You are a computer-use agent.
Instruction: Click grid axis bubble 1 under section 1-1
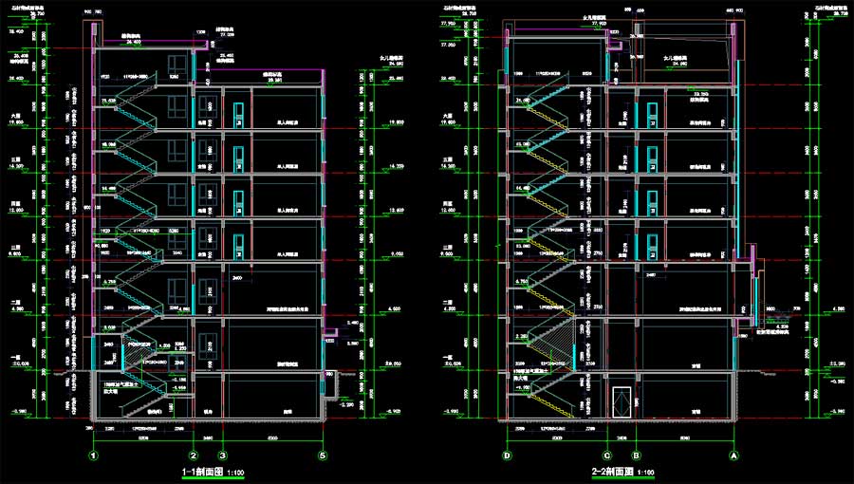coord(94,456)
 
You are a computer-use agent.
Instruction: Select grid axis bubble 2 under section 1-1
coord(194,456)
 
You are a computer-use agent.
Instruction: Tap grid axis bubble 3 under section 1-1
coord(222,456)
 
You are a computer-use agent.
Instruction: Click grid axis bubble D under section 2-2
coord(507,456)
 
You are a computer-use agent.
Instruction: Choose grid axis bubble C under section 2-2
coord(606,456)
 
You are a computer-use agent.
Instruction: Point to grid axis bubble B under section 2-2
coord(636,456)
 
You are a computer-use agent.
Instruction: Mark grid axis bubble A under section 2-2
coord(733,456)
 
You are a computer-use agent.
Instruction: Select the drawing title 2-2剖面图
coord(614,472)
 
